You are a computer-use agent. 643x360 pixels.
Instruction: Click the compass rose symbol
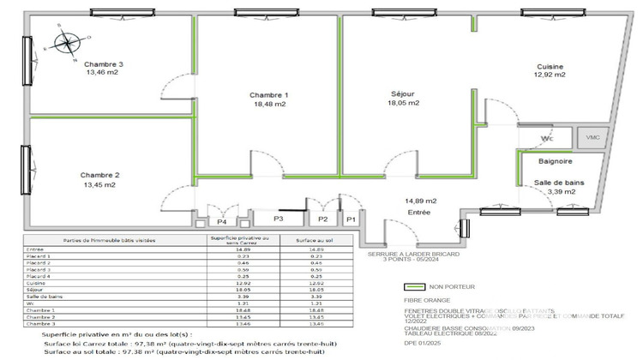(66, 43)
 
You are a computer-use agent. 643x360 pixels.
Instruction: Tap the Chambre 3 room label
(104, 64)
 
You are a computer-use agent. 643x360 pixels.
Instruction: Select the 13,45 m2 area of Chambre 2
(102, 184)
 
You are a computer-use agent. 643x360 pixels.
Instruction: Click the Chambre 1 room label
(269, 94)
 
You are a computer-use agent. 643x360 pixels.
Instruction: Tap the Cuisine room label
(550, 66)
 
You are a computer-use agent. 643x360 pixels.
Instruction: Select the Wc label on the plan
(546, 137)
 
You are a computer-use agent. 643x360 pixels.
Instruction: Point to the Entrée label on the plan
(418, 211)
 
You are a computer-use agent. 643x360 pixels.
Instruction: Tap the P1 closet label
(350, 220)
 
